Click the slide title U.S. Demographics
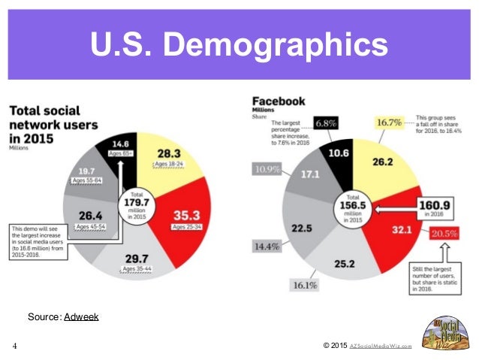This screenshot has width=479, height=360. (239, 44)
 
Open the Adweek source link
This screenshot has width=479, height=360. (80, 317)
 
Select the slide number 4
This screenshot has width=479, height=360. (14, 346)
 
